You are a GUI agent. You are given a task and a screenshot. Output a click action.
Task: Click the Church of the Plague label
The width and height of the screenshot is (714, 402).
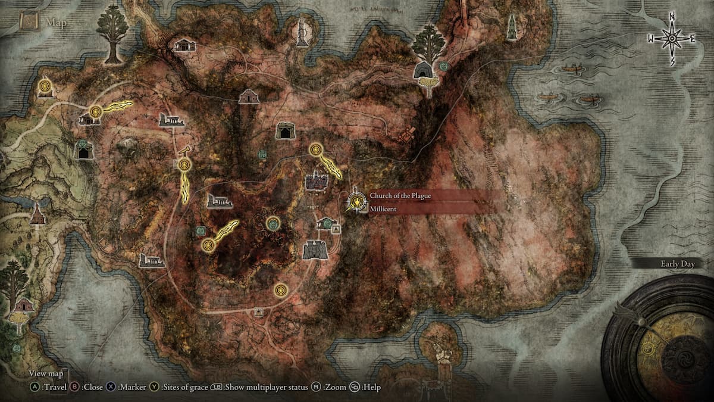(x=399, y=196)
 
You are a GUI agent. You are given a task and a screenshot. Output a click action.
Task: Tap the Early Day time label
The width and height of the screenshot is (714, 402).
(x=677, y=264)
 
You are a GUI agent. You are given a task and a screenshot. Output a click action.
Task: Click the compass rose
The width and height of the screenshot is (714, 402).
(x=672, y=39)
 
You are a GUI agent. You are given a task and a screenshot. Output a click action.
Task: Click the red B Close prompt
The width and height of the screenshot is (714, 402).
(x=89, y=388)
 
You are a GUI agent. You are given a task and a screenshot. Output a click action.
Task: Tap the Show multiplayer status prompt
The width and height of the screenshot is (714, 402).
(x=265, y=388)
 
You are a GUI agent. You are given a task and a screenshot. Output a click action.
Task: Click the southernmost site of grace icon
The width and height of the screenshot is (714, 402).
(x=281, y=290)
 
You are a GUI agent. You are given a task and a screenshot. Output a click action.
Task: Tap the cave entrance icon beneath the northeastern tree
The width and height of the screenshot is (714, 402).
(x=424, y=70)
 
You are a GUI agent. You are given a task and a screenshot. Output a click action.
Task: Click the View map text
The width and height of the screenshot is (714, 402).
(x=46, y=374)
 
